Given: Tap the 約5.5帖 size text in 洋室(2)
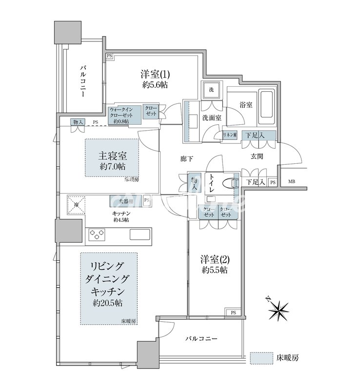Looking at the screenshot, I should (215, 270).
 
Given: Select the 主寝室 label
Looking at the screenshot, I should (113, 156).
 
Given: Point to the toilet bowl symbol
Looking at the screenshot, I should (227, 184).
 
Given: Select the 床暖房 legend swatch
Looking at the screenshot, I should (261, 358).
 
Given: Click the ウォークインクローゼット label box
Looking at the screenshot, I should (119, 115).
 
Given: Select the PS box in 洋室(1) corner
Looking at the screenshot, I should (109, 57).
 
